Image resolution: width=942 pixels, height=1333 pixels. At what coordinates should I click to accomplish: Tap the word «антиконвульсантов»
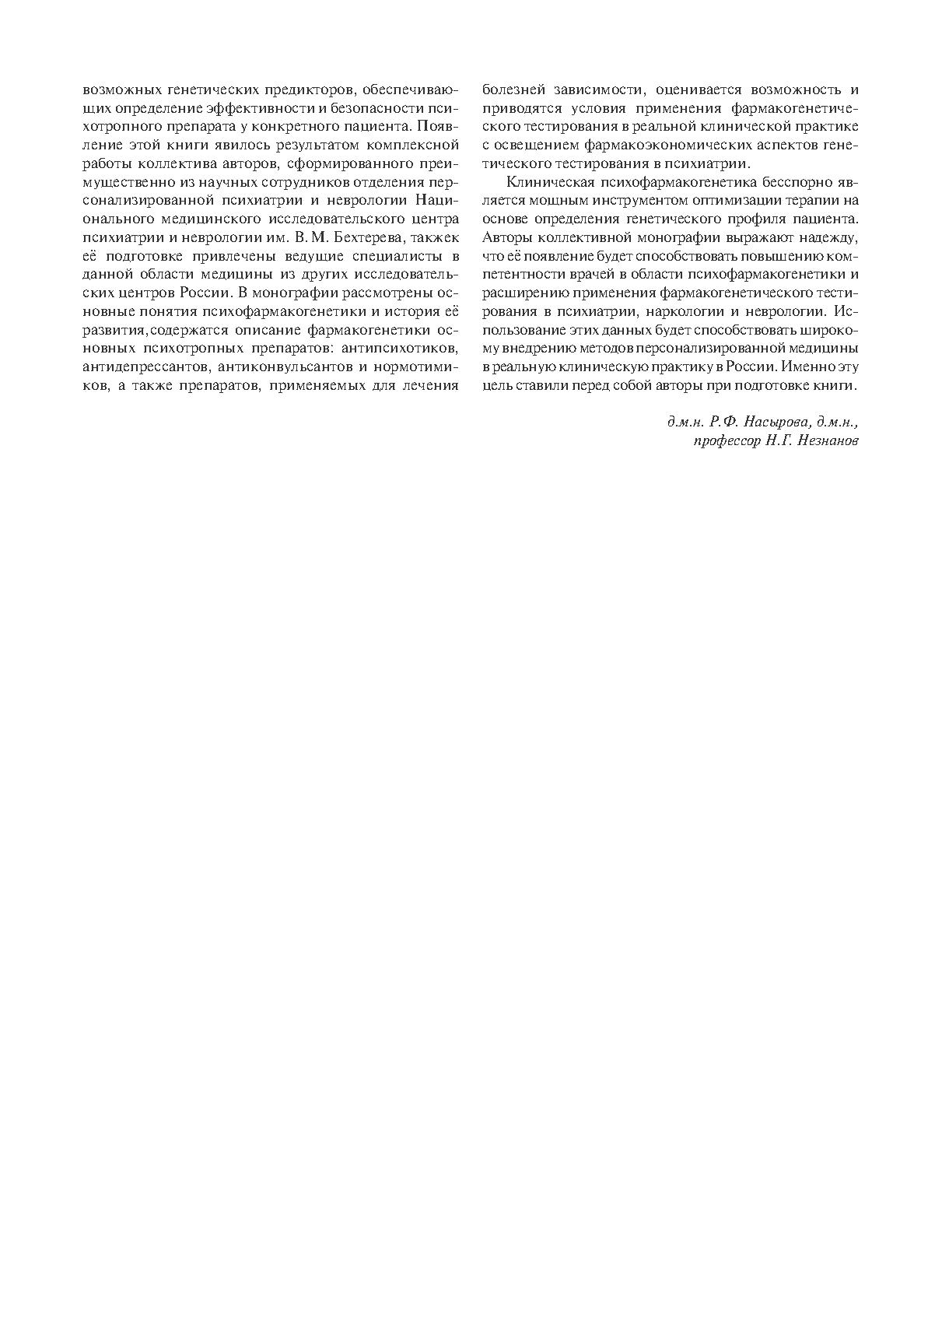pyautogui.click(x=284, y=366)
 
